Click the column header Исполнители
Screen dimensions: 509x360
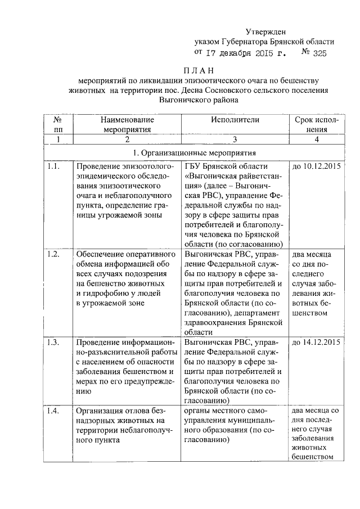235,120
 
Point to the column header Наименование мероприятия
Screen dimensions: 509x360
127,124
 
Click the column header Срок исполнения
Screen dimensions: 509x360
317,124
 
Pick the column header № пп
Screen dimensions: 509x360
57,124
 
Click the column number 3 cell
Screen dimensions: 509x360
235,139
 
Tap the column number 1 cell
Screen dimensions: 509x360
57,139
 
